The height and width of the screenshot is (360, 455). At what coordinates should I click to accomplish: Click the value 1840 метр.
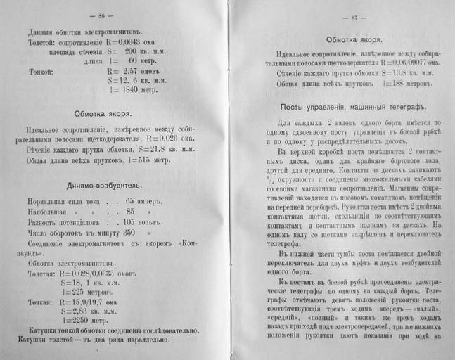[143, 90]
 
